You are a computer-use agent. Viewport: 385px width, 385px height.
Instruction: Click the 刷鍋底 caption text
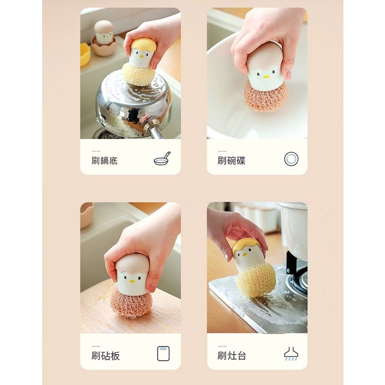click(105, 161)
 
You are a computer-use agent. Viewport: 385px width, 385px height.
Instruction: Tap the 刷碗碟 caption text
click(232, 161)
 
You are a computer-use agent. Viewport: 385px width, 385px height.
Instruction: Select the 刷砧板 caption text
click(106, 356)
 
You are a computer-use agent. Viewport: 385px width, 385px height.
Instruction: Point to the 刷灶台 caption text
click(232, 356)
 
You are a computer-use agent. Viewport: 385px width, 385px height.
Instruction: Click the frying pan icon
click(162, 159)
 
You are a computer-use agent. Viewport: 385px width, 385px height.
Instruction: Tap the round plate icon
click(291, 159)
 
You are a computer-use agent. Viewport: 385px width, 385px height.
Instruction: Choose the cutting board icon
click(163, 354)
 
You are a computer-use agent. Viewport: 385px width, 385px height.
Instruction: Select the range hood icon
click(291, 354)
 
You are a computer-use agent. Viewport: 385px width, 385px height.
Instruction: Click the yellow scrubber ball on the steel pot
click(138, 74)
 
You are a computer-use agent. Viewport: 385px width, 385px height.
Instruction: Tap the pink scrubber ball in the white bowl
click(266, 96)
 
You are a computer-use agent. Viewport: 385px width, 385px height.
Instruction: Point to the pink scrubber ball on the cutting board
click(130, 301)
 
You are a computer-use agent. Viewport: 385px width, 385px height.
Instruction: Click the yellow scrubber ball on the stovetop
click(256, 280)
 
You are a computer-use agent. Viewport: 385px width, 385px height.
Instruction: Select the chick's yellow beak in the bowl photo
click(266, 77)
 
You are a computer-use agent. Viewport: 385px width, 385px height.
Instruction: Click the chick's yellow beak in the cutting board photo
click(132, 281)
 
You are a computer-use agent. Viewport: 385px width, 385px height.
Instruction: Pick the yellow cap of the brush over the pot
click(143, 44)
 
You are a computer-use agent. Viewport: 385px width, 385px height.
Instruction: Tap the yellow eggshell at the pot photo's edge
click(85, 54)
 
